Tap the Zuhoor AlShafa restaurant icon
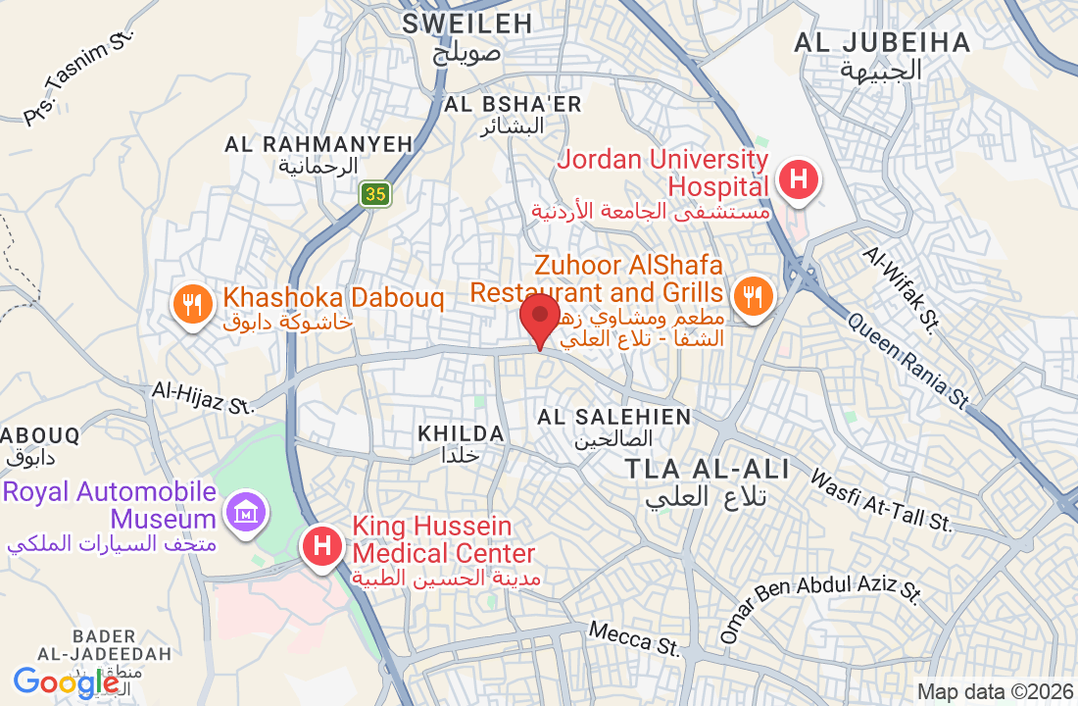752,295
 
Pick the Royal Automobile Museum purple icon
243,510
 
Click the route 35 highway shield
374,194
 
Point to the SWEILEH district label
467,24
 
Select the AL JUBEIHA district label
882,43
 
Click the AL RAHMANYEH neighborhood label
318,144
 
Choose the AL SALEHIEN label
613,418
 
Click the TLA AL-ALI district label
708,469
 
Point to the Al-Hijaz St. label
203,395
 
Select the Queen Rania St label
908,360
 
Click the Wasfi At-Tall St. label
881,501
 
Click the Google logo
66,682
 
